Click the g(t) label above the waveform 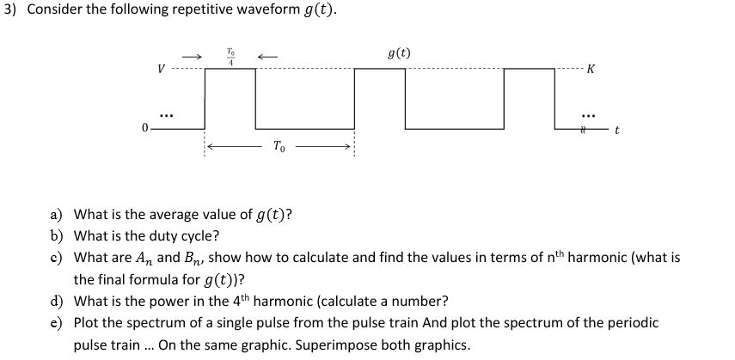pos(399,54)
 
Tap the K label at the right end pos(590,70)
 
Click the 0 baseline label pos(145,128)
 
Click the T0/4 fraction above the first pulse pos(230,57)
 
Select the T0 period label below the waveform pos(279,146)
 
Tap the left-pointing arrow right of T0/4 pos(266,57)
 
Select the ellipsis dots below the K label pos(588,112)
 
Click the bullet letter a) pos(56,215)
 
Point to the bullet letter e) pos(56,322)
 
